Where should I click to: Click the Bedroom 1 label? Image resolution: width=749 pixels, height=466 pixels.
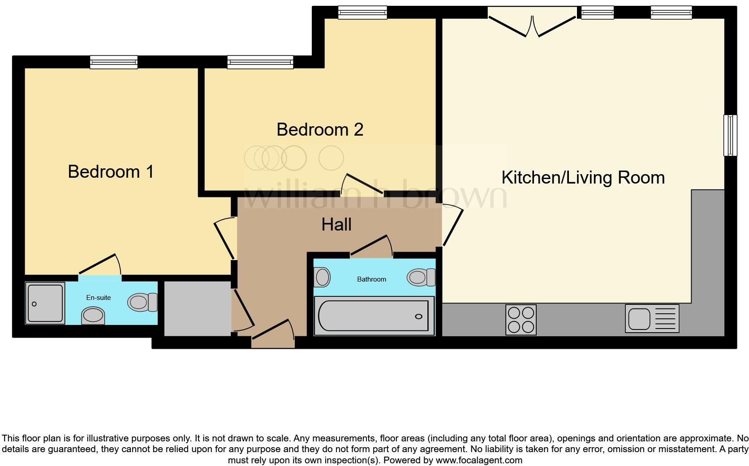coord(111,171)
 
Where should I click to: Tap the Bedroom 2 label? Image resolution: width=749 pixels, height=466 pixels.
coord(319,129)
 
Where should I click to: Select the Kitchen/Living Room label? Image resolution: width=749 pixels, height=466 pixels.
coord(583,177)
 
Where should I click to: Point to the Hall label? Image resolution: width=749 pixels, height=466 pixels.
coord(336,224)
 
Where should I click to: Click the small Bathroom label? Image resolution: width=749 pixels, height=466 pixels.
coord(371,279)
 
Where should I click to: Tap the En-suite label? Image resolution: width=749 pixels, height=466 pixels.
coord(98,298)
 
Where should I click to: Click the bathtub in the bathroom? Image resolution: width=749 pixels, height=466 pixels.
coord(374,316)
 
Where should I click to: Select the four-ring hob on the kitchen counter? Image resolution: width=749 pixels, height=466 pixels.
coord(521,320)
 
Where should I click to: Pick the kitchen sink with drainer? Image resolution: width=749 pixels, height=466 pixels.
coord(652,318)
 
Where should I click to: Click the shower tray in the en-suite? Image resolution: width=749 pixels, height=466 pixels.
coord(45,304)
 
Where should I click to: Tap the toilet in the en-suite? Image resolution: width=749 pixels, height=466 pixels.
coord(142,303)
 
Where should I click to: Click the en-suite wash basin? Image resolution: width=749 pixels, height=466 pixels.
coord(93,316)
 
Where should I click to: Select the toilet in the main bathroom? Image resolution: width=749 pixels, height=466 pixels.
coord(421,277)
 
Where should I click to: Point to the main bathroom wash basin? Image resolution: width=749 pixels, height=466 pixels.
coord(322,277)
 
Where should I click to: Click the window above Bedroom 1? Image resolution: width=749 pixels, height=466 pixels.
coord(113,62)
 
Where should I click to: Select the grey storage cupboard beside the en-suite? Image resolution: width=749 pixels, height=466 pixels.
coord(197,308)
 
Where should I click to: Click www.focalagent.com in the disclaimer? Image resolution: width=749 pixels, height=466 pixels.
coord(479,460)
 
